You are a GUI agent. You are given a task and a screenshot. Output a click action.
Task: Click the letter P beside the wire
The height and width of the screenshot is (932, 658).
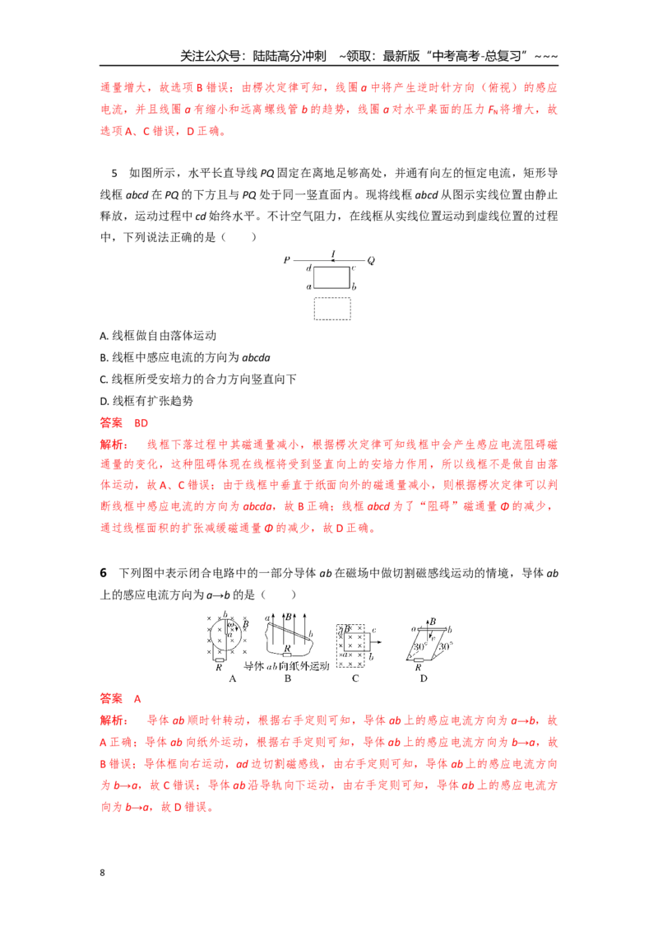click(287, 259)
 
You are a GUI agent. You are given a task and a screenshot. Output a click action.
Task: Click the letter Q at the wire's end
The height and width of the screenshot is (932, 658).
click(371, 260)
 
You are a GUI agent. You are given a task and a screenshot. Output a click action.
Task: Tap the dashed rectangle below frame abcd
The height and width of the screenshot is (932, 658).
click(332, 309)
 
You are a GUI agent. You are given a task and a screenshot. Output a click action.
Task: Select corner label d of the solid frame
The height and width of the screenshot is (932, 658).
click(308, 268)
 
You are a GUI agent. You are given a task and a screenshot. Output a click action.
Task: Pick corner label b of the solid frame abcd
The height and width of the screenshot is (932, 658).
click(354, 286)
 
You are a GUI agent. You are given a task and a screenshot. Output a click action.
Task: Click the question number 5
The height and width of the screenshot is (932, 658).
click(114, 173)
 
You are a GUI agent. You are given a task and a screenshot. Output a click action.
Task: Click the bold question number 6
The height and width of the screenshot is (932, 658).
click(104, 572)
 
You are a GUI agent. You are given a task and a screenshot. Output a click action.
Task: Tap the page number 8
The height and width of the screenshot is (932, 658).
click(102, 872)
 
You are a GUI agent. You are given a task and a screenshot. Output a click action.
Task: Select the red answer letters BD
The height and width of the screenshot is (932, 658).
click(141, 422)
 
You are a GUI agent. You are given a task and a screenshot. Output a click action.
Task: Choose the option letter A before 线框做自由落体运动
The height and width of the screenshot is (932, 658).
click(103, 336)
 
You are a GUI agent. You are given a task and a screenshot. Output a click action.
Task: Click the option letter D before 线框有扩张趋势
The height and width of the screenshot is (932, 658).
click(104, 401)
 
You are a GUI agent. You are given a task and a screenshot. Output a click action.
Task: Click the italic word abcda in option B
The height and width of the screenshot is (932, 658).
click(256, 357)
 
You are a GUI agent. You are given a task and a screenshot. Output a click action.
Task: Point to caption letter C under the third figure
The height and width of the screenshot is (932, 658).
click(355, 678)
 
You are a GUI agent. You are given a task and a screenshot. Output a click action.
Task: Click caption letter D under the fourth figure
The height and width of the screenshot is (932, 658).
click(424, 678)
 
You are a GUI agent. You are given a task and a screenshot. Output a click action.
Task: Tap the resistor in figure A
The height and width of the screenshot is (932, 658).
click(219, 659)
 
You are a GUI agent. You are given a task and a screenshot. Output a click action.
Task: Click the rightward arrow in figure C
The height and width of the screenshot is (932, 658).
click(375, 642)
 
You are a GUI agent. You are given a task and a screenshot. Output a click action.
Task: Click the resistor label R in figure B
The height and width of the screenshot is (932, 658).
click(287, 649)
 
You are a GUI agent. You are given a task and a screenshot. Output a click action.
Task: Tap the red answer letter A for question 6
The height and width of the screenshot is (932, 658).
click(137, 698)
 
